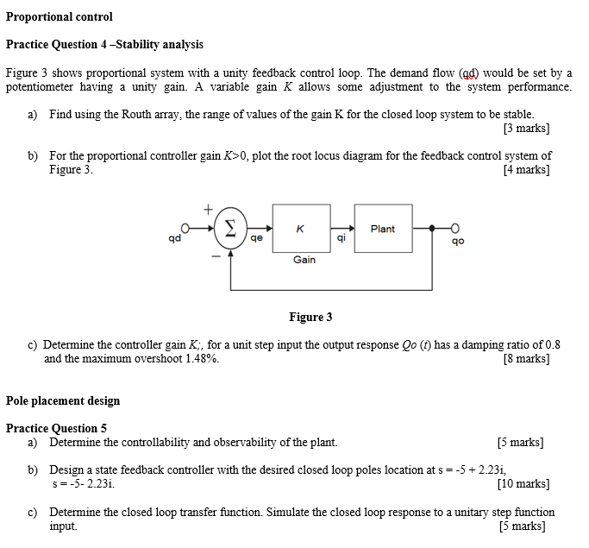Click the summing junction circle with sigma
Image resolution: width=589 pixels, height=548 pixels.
(229, 228)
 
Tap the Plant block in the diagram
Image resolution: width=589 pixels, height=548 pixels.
(382, 229)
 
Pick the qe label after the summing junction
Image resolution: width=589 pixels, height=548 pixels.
(256, 240)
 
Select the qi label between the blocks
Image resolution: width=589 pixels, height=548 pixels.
(341, 239)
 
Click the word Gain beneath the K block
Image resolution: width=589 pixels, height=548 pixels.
(304, 259)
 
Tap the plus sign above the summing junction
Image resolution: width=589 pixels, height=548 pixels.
(208, 208)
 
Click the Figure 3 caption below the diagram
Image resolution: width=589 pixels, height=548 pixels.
(310, 317)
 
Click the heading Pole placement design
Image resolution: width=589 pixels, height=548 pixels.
(63, 400)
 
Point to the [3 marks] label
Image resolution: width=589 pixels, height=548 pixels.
(525, 129)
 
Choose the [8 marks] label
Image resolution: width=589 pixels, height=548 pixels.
(525, 358)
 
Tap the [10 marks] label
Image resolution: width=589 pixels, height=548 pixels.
(523, 484)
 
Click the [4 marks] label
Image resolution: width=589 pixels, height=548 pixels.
(525, 169)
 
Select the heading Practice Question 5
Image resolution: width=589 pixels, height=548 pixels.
(56, 428)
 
